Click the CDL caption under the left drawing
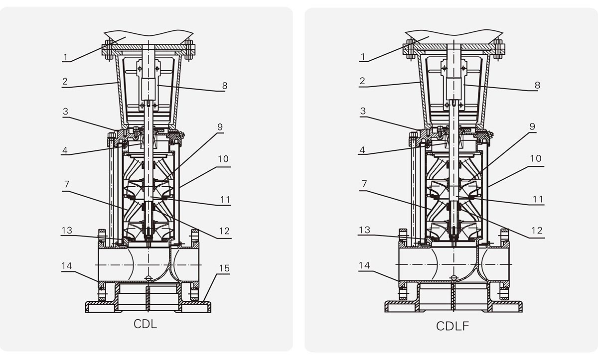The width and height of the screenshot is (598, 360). click(145, 325)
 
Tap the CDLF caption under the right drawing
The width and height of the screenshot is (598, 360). click(452, 326)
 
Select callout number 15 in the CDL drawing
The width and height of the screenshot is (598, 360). click(224, 268)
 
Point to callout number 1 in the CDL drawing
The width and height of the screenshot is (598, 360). click(66, 56)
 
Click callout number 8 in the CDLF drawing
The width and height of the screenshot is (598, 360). click(537, 85)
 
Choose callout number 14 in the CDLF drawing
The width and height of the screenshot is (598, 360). click(364, 266)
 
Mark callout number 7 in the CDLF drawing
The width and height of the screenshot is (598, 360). click(364, 184)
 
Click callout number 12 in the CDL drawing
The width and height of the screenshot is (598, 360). click(224, 231)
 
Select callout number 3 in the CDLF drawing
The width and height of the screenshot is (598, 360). click(363, 111)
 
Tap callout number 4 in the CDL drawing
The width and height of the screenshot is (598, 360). click(65, 150)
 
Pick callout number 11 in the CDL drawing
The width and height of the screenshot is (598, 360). click(224, 200)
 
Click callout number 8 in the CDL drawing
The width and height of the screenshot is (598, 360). click(225, 85)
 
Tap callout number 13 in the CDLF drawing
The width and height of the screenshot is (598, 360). click(365, 231)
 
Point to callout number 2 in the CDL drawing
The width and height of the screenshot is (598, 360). click(65, 81)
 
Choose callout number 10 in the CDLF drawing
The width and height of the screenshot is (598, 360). click(535, 159)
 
